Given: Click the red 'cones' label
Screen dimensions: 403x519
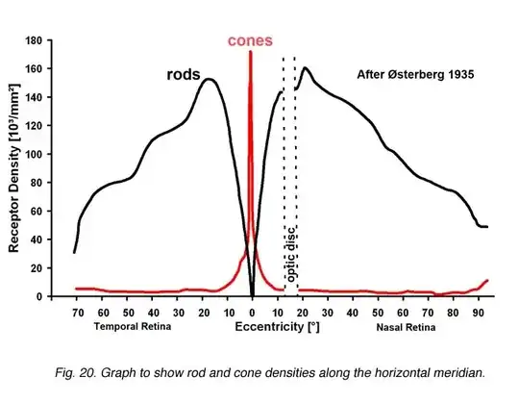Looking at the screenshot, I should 250,41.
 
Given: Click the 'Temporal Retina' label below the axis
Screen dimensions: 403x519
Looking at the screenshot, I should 132,327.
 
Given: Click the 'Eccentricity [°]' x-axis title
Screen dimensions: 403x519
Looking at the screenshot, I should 276,327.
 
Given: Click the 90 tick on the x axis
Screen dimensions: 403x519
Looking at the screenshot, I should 477,313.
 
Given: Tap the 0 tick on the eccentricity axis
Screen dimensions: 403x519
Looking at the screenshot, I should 252,313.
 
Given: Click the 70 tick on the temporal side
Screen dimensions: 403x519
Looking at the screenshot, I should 75,313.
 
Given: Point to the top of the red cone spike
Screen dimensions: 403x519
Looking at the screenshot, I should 251,53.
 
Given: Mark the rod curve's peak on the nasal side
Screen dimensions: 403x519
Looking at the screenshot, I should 306,68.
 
